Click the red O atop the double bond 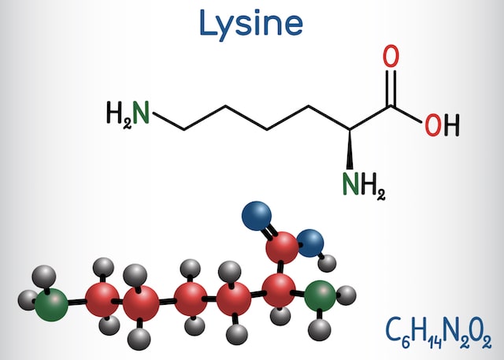[x=391, y=56]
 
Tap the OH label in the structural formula [x=443, y=125]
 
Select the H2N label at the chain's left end [x=128, y=113]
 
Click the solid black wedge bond [x=350, y=150]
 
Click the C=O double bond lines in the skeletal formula [x=391, y=87]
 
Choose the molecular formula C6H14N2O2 [x=439, y=332]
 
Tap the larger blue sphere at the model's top [x=257, y=216]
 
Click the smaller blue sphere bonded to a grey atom [x=309, y=243]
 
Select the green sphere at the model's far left [x=51, y=305]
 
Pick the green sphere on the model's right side [x=320, y=295]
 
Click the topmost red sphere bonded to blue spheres [x=282, y=248]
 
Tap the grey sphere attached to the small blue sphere [x=327, y=263]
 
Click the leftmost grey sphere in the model [x=28, y=300]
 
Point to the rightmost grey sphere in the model [x=346, y=295]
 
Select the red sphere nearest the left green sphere [x=102, y=300]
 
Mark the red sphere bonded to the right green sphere [x=279, y=291]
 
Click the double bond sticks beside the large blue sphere [x=269, y=231]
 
